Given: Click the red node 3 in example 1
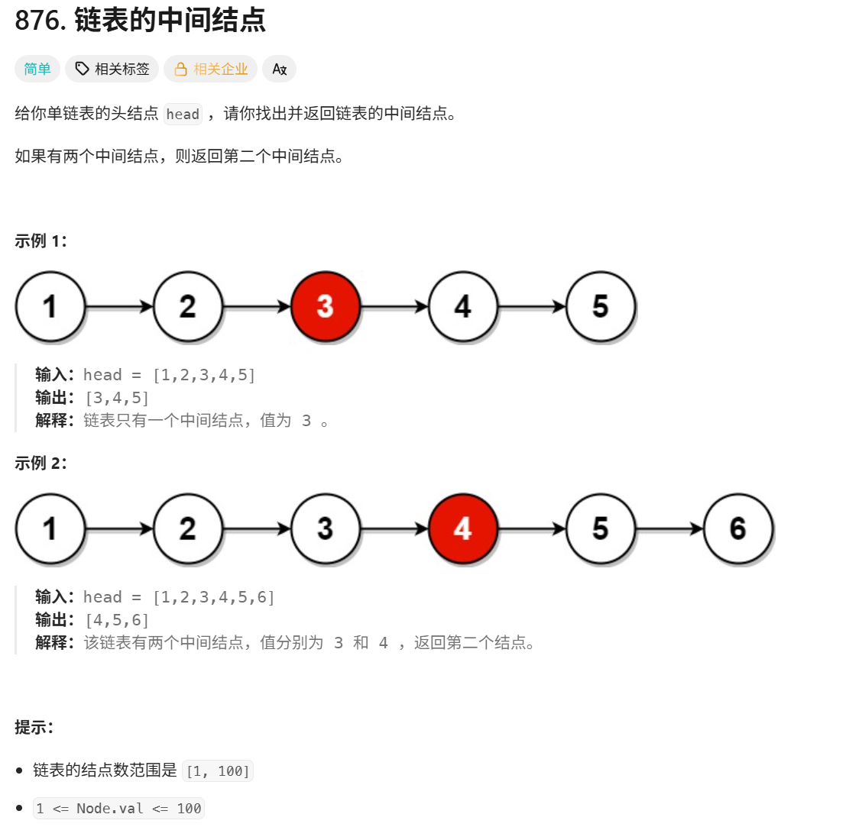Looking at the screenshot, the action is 325,306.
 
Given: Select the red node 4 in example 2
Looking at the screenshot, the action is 462,528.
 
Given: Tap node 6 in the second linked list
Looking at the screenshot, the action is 737,528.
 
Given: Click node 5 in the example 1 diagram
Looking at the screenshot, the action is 600,306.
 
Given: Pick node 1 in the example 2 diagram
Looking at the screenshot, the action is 50,528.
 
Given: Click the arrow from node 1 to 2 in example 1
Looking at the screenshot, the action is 119,306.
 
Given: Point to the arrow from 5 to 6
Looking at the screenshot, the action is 669,528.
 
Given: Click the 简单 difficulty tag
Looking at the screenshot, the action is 37,69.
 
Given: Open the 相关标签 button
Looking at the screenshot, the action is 112,69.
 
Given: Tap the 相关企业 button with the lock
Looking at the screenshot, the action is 211,69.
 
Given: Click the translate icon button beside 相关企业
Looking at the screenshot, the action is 279,69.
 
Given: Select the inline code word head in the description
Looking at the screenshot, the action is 183,115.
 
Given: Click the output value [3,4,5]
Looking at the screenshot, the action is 116,397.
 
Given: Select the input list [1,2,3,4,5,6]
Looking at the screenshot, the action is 213,597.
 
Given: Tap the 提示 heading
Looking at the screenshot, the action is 34,727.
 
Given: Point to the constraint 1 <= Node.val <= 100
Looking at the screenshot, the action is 118,809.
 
